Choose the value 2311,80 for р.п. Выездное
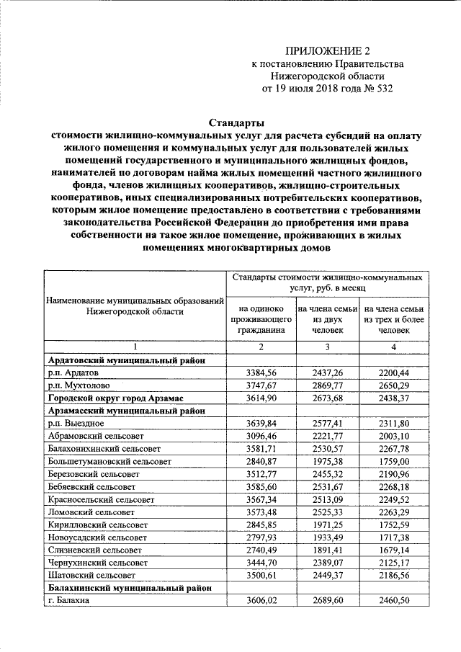point(394,424)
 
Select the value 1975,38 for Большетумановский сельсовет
point(326,463)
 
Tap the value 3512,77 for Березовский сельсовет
point(261,475)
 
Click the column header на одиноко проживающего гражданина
point(261,318)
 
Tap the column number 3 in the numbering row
point(326,348)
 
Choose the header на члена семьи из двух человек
point(326,318)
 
